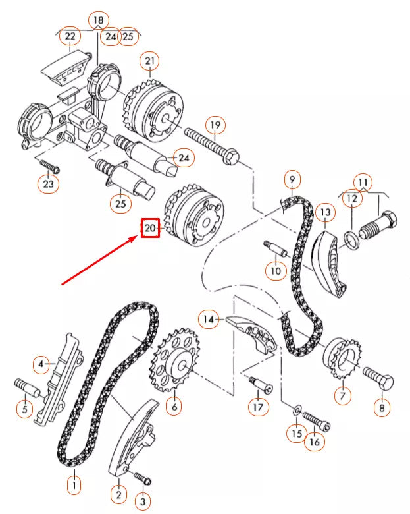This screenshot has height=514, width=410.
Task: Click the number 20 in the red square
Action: (150, 229)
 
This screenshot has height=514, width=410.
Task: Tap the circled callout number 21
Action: (150, 62)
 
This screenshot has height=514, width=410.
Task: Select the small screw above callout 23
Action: (49, 165)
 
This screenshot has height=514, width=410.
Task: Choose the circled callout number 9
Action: (292, 179)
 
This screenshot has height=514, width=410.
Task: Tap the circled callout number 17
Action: (257, 407)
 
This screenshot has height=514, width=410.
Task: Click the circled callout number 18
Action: (98, 20)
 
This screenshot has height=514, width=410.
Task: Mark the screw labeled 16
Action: (316, 419)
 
